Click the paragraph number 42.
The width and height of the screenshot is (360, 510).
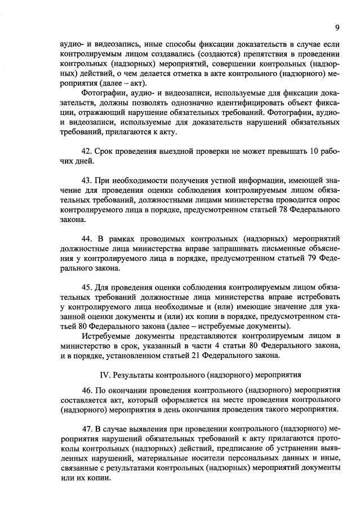click(x=87, y=151)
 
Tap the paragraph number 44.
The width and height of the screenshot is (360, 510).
click(x=87, y=240)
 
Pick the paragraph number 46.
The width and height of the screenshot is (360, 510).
click(x=87, y=389)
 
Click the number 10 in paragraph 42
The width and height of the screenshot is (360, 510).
click(x=315, y=151)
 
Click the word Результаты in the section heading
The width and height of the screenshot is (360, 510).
click(x=133, y=374)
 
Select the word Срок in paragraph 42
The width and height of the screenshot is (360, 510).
click(x=105, y=151)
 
